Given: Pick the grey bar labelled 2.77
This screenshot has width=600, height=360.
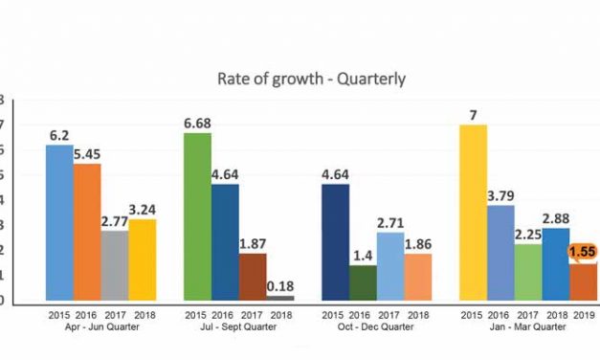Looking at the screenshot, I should click(x=114, y=266).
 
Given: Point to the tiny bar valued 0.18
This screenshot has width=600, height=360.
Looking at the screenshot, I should click(x=279, y=299).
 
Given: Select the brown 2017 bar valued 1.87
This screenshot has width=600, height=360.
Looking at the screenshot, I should click(x=253, y=278).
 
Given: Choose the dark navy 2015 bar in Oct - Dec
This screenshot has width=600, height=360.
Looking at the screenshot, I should click(x=335, y=243).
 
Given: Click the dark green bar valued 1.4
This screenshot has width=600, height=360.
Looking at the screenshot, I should click(x=363, y=283).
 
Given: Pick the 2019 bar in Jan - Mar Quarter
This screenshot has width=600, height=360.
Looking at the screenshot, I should click(x=583, y=282).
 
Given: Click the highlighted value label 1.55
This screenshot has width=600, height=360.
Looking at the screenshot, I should click(x=583, y=253).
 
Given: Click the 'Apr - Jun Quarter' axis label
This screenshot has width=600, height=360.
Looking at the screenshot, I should click(x=100, y=327).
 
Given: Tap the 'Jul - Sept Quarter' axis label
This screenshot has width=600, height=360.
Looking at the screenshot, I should click(x=238, y=327).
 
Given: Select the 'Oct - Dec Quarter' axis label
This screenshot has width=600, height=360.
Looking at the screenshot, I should click(x=376, y=327).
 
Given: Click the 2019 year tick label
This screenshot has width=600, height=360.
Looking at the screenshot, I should click(x=584, y=315).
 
